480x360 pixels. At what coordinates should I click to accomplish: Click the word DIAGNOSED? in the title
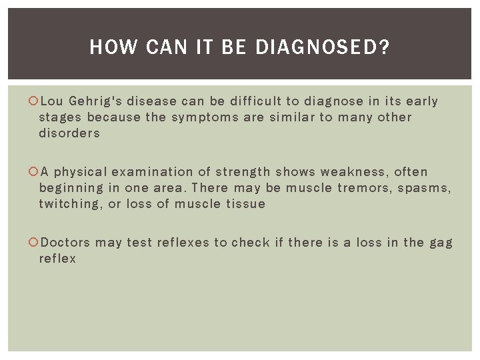tap(323, 47)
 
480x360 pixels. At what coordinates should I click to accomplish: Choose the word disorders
tap(69, 133)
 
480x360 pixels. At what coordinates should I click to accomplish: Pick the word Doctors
tap(65, 243)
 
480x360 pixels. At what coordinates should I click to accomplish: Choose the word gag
tap(441, 243)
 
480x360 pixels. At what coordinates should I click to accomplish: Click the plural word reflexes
tap(183, 243)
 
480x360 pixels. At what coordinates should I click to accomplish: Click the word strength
tap(243, 172)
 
